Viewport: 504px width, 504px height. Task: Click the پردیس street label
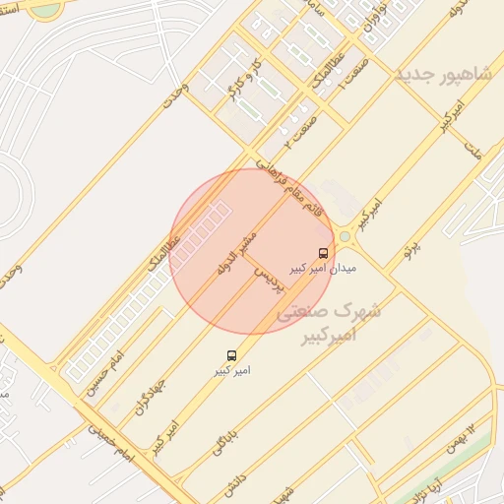[x=269, y=280]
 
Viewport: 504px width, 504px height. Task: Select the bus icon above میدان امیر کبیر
[x=324, y=252]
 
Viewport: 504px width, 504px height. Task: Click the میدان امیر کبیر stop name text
[x=322, y=268]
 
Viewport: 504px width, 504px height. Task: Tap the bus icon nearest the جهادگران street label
[x=231, y=354]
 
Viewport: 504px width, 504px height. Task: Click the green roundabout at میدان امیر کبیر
[x=345, y=236]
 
